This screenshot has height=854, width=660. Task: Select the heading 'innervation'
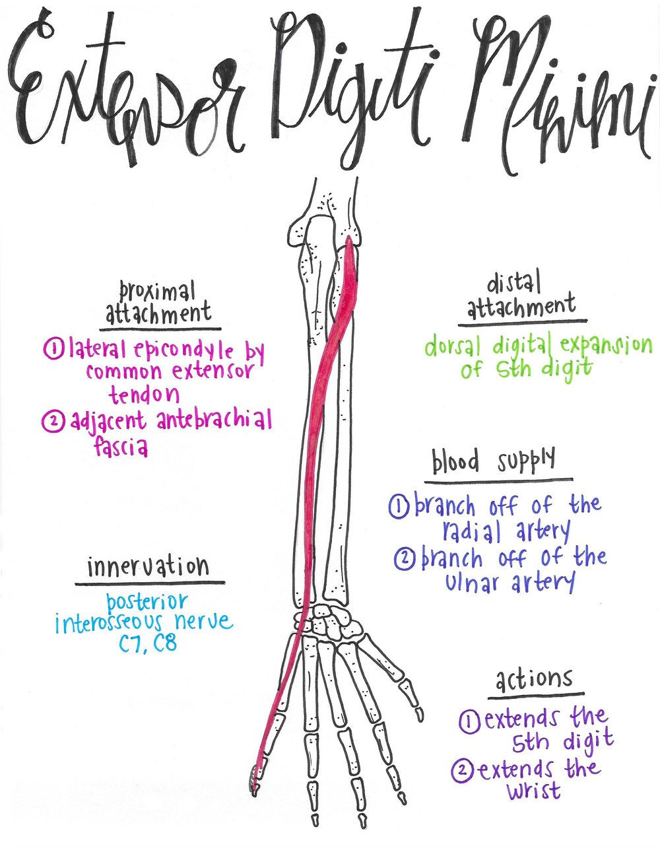click(x=148, y=567)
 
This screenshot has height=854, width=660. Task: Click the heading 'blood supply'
click(x=494, y=461)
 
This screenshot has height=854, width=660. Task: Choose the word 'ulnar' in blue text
click(x=471, y=583)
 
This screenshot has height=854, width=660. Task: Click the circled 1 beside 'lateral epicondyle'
click(x=52, y=347)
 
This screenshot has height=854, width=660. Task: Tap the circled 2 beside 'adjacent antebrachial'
click(x=52, y=421)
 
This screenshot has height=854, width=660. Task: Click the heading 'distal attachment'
click(x=521, y=296)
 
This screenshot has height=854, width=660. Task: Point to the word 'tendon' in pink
click(x=144, y=394)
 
